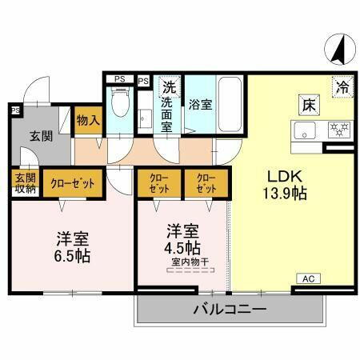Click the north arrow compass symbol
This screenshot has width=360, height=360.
click(335, 49)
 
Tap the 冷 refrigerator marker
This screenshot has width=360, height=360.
click(342, 84)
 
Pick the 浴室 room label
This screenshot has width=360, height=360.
click(199, 103)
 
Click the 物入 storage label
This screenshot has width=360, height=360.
click(87, 121)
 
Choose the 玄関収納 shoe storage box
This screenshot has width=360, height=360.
click(25, 183)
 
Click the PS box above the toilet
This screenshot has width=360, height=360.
click(119, 78)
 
